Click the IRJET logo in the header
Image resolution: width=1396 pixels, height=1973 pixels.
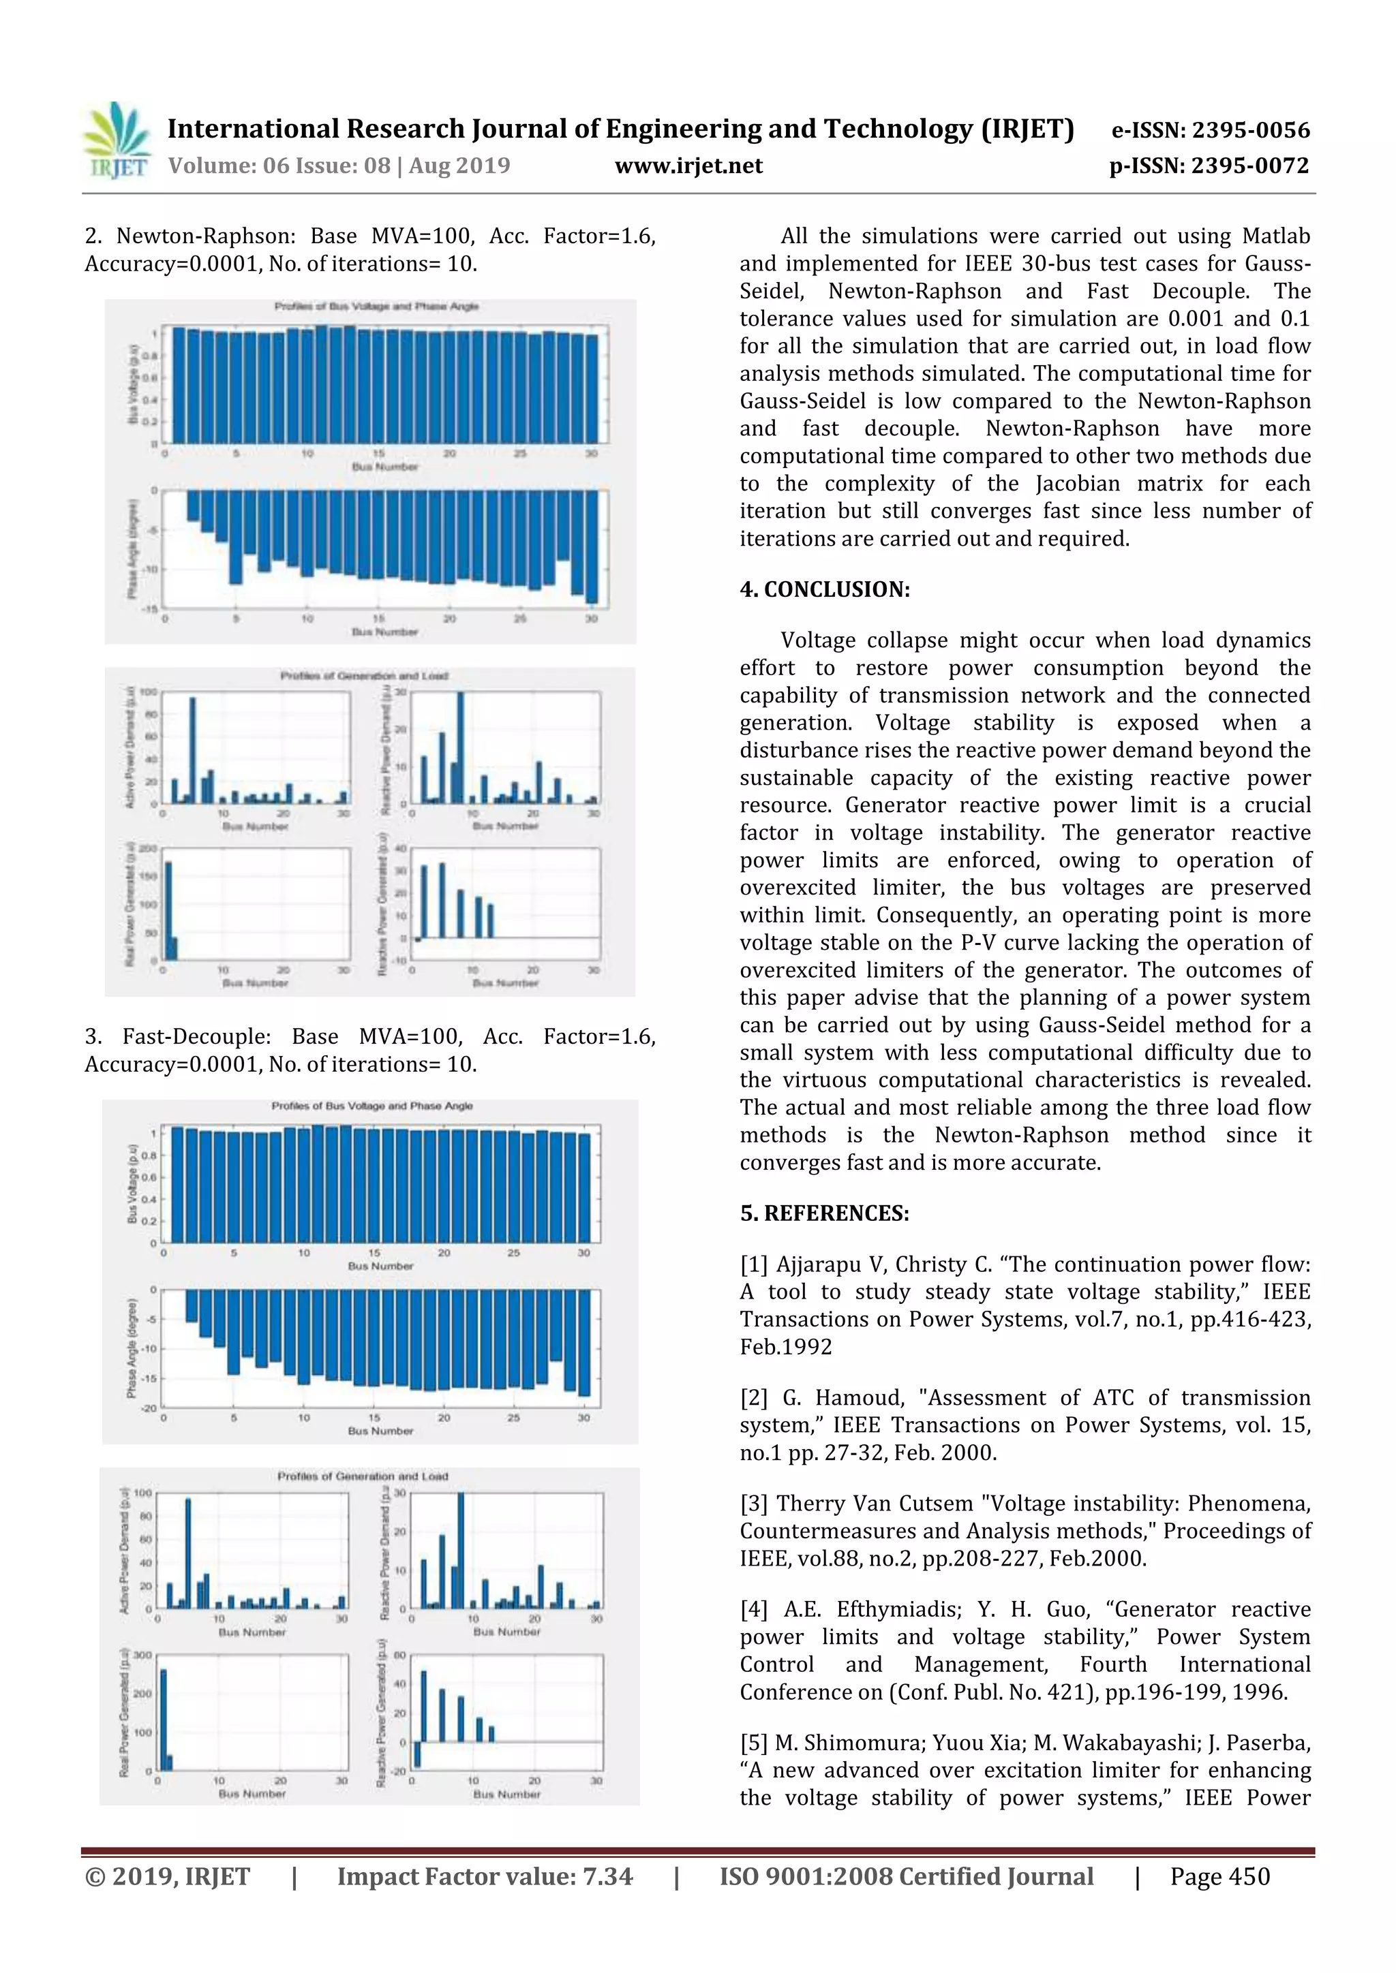[115, 141]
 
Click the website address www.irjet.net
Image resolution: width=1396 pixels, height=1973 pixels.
[688, 166]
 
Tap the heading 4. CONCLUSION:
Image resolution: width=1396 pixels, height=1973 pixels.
[824, 589]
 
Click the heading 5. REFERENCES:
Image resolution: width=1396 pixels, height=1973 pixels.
[824, 1213]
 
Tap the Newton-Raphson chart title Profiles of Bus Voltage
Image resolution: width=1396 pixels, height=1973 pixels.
[376, 306]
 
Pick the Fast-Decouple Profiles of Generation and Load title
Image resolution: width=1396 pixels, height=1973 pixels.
[362, 1476]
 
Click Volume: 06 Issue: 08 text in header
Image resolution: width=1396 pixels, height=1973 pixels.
[339, 166]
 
